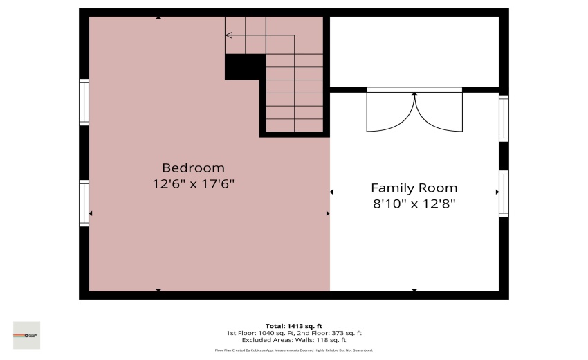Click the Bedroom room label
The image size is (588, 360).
click(193, 168)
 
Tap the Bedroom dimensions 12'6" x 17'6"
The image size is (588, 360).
click(193, 184)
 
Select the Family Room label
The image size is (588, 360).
click(414, 188)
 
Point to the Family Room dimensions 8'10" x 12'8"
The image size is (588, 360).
click(414, 204)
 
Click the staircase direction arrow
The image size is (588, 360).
click(230, 35)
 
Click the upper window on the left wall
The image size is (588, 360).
click(84, 102)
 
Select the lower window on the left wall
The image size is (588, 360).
click(84, 203)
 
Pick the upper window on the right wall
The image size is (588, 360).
click(504, 118)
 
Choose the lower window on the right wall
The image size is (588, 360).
click(504, 193)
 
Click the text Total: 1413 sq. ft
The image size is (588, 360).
click(294, 326)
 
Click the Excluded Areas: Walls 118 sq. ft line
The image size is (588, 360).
click(294, 340)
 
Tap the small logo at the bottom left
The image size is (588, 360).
click(27, 335)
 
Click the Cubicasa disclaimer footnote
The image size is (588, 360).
click(294, 350)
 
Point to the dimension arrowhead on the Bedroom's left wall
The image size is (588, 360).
click(91, 213)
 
